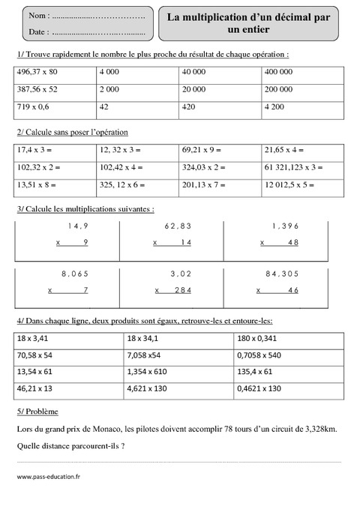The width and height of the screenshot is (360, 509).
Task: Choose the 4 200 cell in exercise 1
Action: (x=275, y=107)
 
